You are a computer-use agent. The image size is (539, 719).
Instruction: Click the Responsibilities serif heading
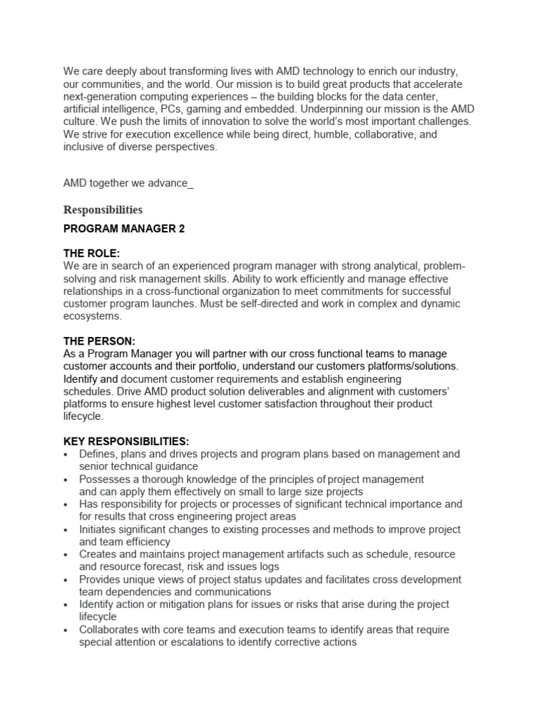click(103, 210)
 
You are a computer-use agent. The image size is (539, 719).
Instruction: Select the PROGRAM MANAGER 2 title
click(124, 230)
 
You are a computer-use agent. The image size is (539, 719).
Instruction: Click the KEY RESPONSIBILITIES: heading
click(126, 441)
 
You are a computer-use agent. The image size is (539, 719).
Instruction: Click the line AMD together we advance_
click(128, 184)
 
